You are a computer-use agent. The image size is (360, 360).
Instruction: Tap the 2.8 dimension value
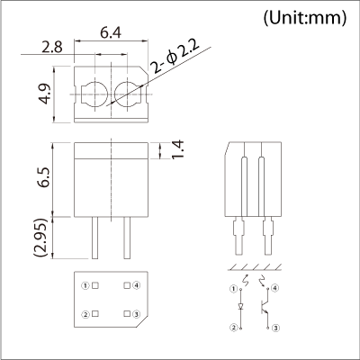coord(52,47)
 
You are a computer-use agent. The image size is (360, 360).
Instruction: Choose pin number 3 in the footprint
coord(136,314)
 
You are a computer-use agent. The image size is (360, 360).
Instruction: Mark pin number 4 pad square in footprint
coord(125,286)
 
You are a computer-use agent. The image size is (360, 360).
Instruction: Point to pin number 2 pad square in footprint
coord(95,314)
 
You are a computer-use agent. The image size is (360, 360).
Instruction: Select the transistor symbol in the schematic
coord(265,307)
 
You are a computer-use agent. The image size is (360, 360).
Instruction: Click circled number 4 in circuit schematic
coord(274,288)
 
